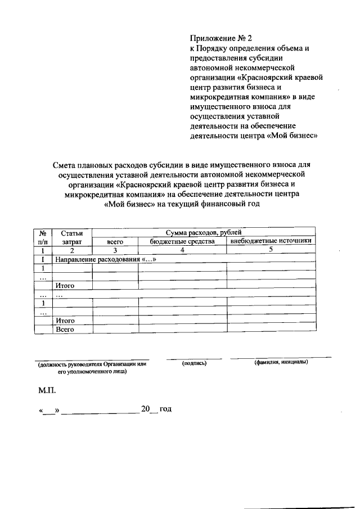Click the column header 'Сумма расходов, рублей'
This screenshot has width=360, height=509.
click(x=203, y=232)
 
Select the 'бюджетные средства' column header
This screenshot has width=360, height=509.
click(x=182, y=241)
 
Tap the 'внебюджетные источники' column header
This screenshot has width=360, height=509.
click(x=271, y=241)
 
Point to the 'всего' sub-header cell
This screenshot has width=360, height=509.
click(x=115, y=241)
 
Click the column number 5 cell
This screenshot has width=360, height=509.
click(x=271, y=250)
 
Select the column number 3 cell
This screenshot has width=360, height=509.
click(x=115, y=250)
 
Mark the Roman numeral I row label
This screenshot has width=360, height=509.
click(x=42, y=259)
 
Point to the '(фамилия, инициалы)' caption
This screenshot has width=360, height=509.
click(x=280, y=363)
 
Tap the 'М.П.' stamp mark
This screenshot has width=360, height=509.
click(x=47, y=389)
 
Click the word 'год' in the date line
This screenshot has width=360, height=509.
click(x=165, y=409)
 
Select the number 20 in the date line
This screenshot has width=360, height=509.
click(x=146, y=409)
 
